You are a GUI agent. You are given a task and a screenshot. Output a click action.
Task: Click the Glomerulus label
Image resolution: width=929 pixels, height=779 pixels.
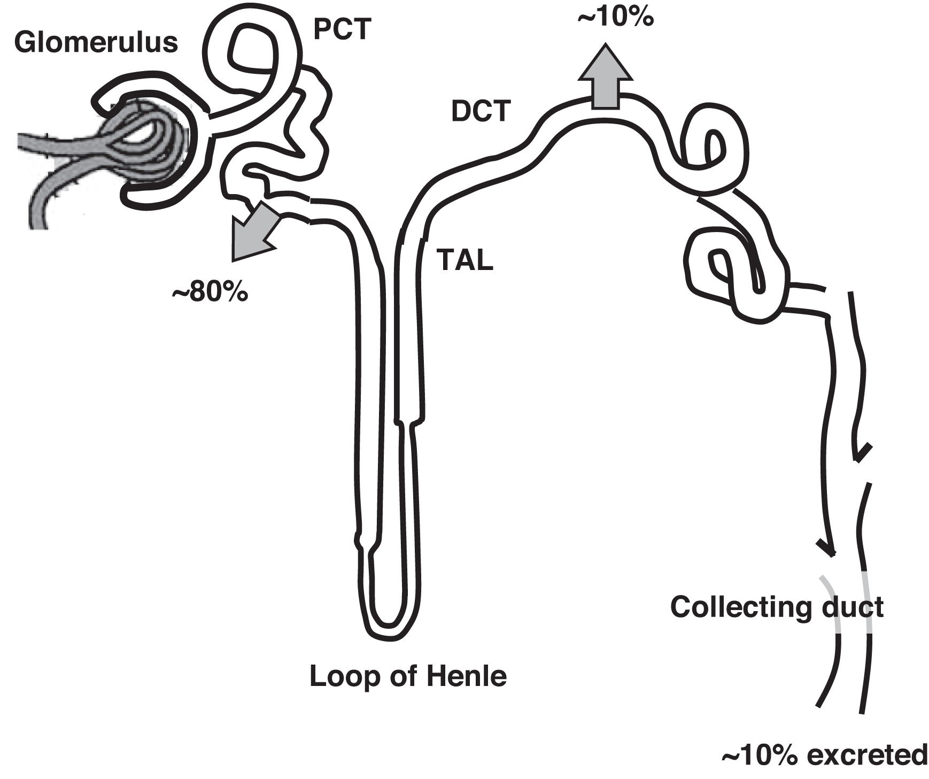[96, 42]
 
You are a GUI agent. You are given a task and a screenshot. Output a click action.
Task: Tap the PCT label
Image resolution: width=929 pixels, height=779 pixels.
[342, 29]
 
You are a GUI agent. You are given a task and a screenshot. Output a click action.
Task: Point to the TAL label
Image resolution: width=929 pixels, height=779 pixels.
[464, 260]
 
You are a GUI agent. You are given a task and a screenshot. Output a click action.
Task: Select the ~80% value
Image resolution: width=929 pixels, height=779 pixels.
[210, 294]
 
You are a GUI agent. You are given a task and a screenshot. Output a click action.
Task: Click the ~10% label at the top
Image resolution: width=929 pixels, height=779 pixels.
[615, 18]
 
